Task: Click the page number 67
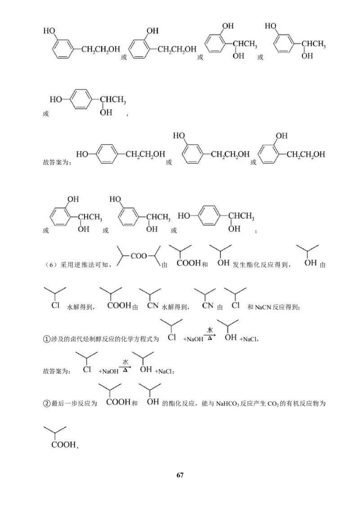click(180, 475)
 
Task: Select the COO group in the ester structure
click(139, 256)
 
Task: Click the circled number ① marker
click(47, 339)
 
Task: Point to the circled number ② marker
click(47, 403)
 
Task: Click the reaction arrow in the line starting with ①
click(210, 335)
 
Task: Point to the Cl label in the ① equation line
click(172, 338)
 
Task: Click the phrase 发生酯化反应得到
click(260, 265)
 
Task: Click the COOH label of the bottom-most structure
click(63, 444)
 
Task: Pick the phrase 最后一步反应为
click(74, 403)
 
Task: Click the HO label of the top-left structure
click(49, 31)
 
